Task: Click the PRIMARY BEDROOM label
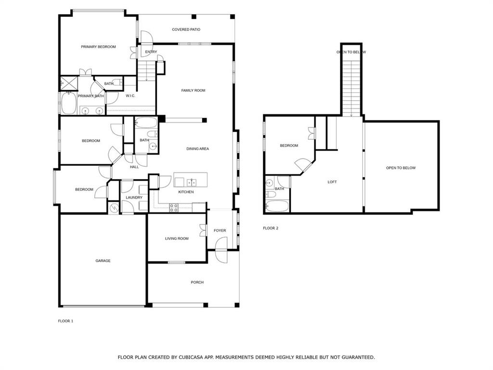pos(98,47)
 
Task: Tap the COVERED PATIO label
pos(186,29)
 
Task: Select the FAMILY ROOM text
pos(193,91)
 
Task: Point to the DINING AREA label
pos(197,149)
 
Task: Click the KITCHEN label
pos(186,192)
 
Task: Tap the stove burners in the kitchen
pos(174,208)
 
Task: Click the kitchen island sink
pos(192,182)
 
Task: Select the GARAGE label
pos(103,261)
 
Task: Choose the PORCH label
pos(197,282)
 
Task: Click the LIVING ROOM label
pos(177,238)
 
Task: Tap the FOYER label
pos(220,231)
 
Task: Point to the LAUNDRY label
pos(134,198)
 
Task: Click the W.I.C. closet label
pos(130,96)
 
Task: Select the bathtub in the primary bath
pos(68,104)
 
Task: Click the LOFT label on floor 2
pos(332,182)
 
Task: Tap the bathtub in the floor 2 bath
pos(277,206)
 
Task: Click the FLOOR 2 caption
pos(271,228)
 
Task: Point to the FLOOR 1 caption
pos(65,321)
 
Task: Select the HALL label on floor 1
pos(134,167)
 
